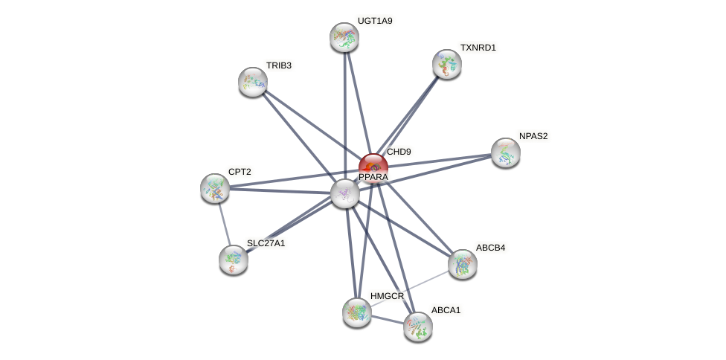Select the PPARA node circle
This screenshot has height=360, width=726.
tap(345, 193)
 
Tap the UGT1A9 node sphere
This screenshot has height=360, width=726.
tap(344, 37)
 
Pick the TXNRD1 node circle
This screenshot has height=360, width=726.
tap(447, 64)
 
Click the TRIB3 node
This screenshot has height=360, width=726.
tap(253, 82)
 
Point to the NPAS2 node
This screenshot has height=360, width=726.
tap(506, 152)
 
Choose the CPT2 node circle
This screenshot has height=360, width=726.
tap(215, 188)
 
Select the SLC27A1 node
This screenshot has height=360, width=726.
tap(234, 260)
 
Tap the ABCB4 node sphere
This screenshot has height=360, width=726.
tap(463, 264)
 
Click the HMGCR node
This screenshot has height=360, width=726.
tap(357, 312)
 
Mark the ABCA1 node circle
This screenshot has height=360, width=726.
tap(418, 326)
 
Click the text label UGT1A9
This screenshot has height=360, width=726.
tap(375, 21)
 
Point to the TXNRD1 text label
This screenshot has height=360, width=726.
tap(478, 48)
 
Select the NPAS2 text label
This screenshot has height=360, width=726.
tap(533, 136)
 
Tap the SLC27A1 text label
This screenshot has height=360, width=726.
tap(266, 243)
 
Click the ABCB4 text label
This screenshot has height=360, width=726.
tap(491, 248)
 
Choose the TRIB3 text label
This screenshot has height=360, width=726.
tap(279, 65)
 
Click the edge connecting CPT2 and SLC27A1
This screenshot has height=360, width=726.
tap(224, 223)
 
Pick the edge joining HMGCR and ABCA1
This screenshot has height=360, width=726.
tap(388, 319)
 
